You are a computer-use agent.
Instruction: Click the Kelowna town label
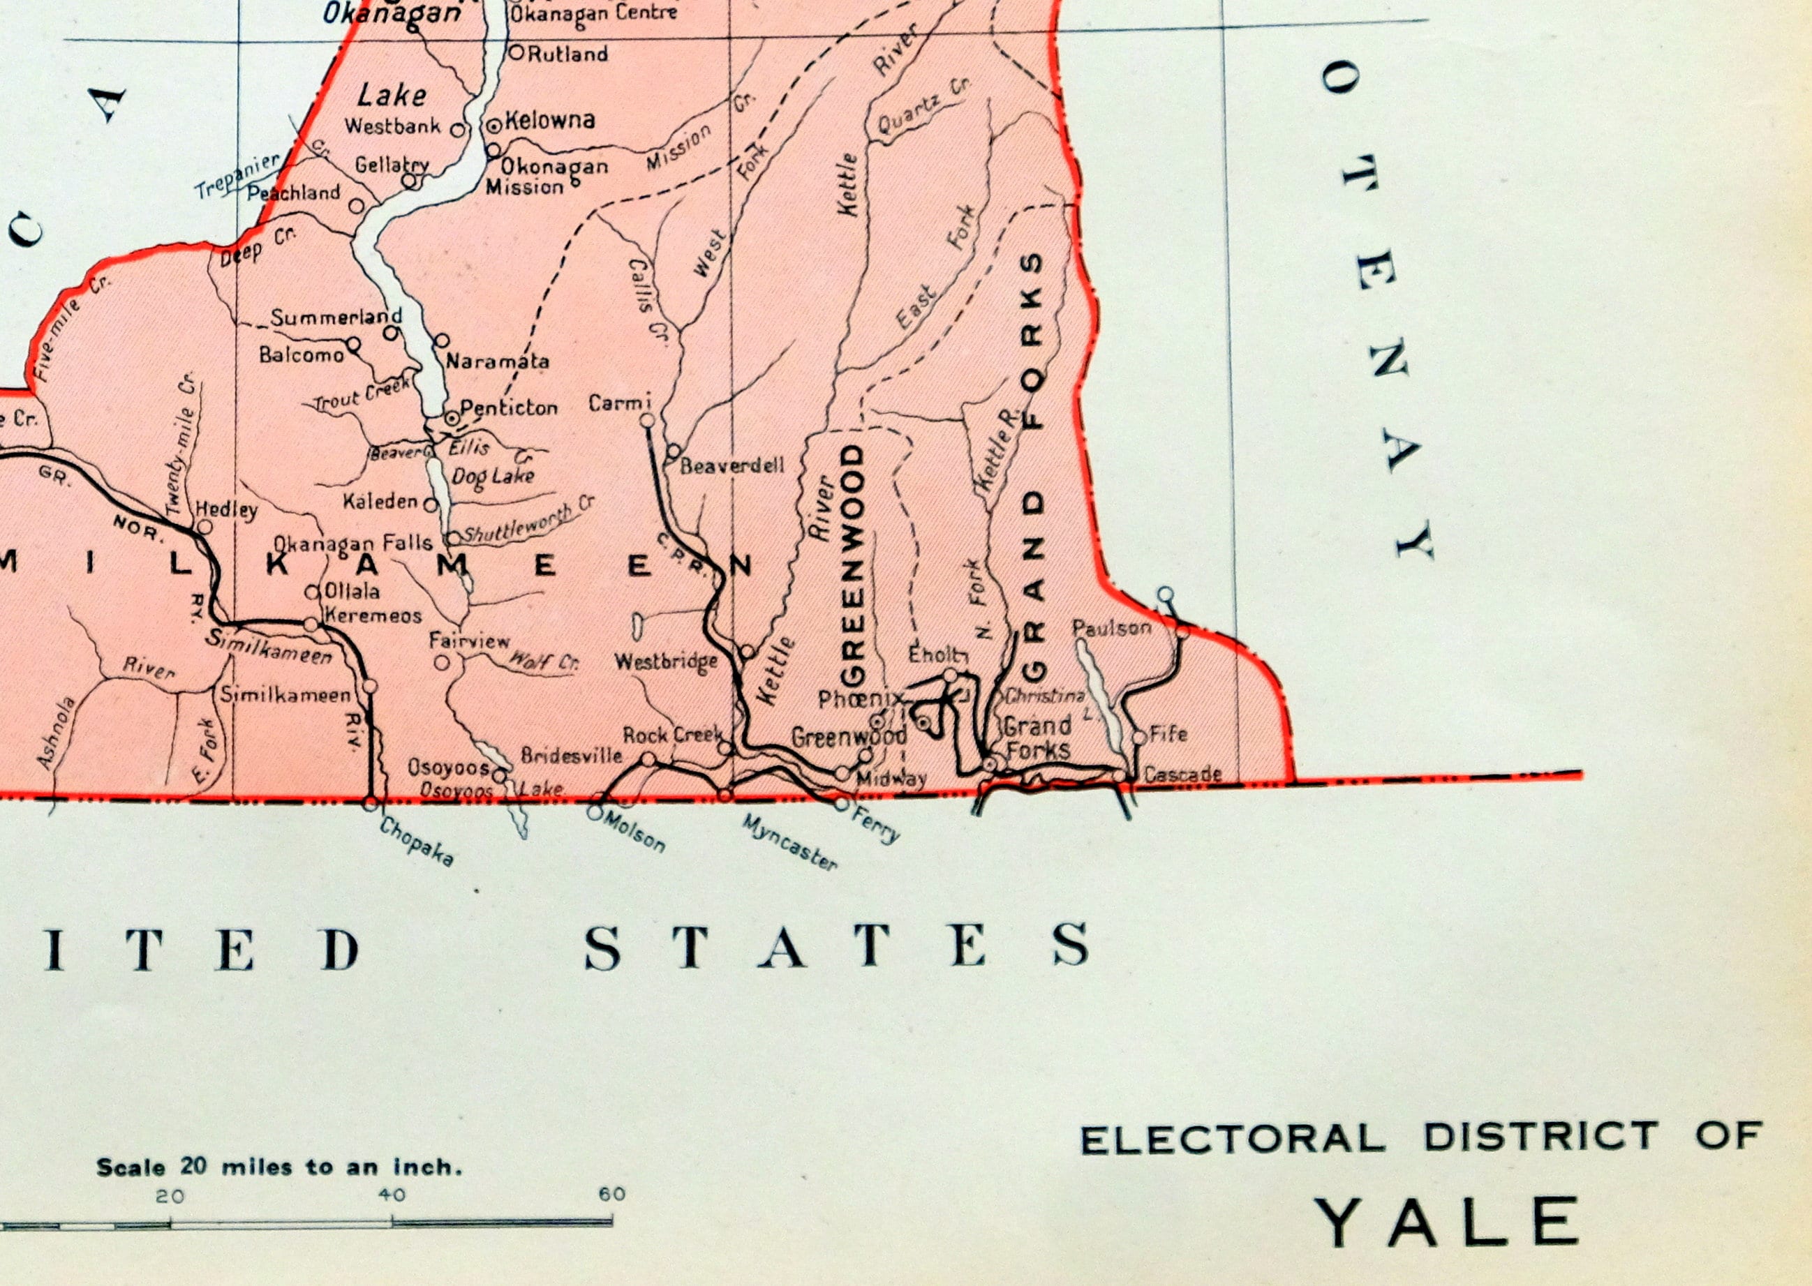point(549,120)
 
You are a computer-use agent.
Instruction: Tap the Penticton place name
point(508,408)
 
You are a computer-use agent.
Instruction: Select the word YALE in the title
point(1447,1222)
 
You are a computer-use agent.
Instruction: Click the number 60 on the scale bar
point(611,1194)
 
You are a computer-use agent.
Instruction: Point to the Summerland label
point(336,317)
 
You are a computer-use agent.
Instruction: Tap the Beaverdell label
point(732,465)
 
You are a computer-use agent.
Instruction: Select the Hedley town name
point(226,509)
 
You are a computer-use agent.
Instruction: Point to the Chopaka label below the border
point(417,841)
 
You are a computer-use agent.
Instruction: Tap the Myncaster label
point(789,842)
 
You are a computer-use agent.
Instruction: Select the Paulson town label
point(1111,628)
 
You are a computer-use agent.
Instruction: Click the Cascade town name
point(1182,775)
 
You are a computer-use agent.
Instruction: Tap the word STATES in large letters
point(836,946)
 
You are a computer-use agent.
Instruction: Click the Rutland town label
point(567,54)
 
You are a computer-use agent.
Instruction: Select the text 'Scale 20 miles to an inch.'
point(279,1167)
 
